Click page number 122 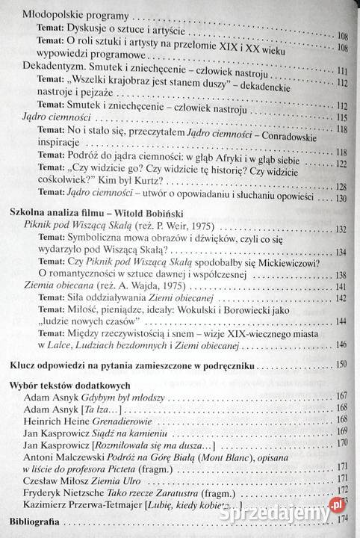[x=343, y=164]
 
